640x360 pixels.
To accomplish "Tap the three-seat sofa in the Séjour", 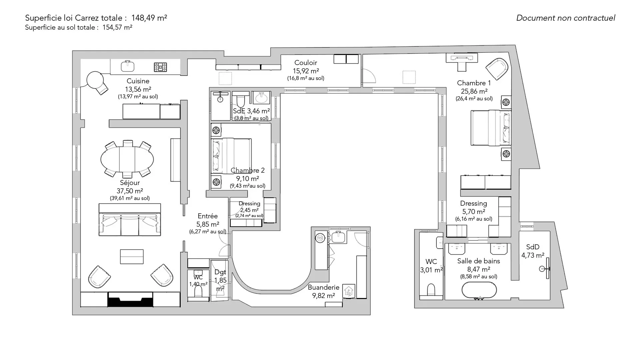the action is coord(130,220).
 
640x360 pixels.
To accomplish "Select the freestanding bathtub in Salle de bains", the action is coord(479,290).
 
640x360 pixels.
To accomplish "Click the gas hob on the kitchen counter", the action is coord(160,67).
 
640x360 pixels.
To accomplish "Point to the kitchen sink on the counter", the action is coord(127,66).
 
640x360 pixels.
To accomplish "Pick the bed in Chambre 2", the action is coord(231,156).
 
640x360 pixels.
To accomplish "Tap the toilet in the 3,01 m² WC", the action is coord(431,289).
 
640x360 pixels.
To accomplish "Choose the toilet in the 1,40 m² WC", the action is coord(198,291).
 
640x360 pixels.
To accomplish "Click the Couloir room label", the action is coord(306,63).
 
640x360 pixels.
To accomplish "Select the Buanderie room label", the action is coord(323,287).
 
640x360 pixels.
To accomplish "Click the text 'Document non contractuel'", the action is coord(566,18).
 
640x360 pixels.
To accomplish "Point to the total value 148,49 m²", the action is coord(149,18).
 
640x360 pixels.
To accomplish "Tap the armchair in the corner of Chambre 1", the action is coord(497,69).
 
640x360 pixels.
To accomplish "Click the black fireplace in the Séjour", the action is coord(130,299).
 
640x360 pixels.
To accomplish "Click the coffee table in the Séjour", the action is coord(132,257).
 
